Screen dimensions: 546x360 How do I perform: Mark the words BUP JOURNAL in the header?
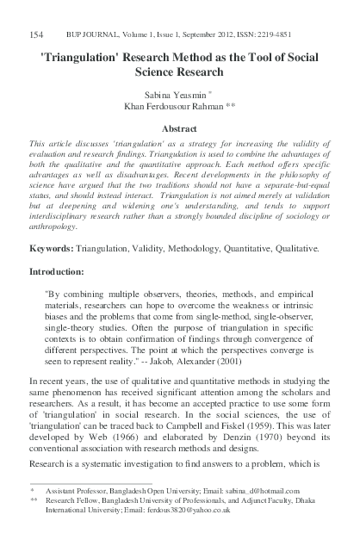[x=80, y=35]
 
